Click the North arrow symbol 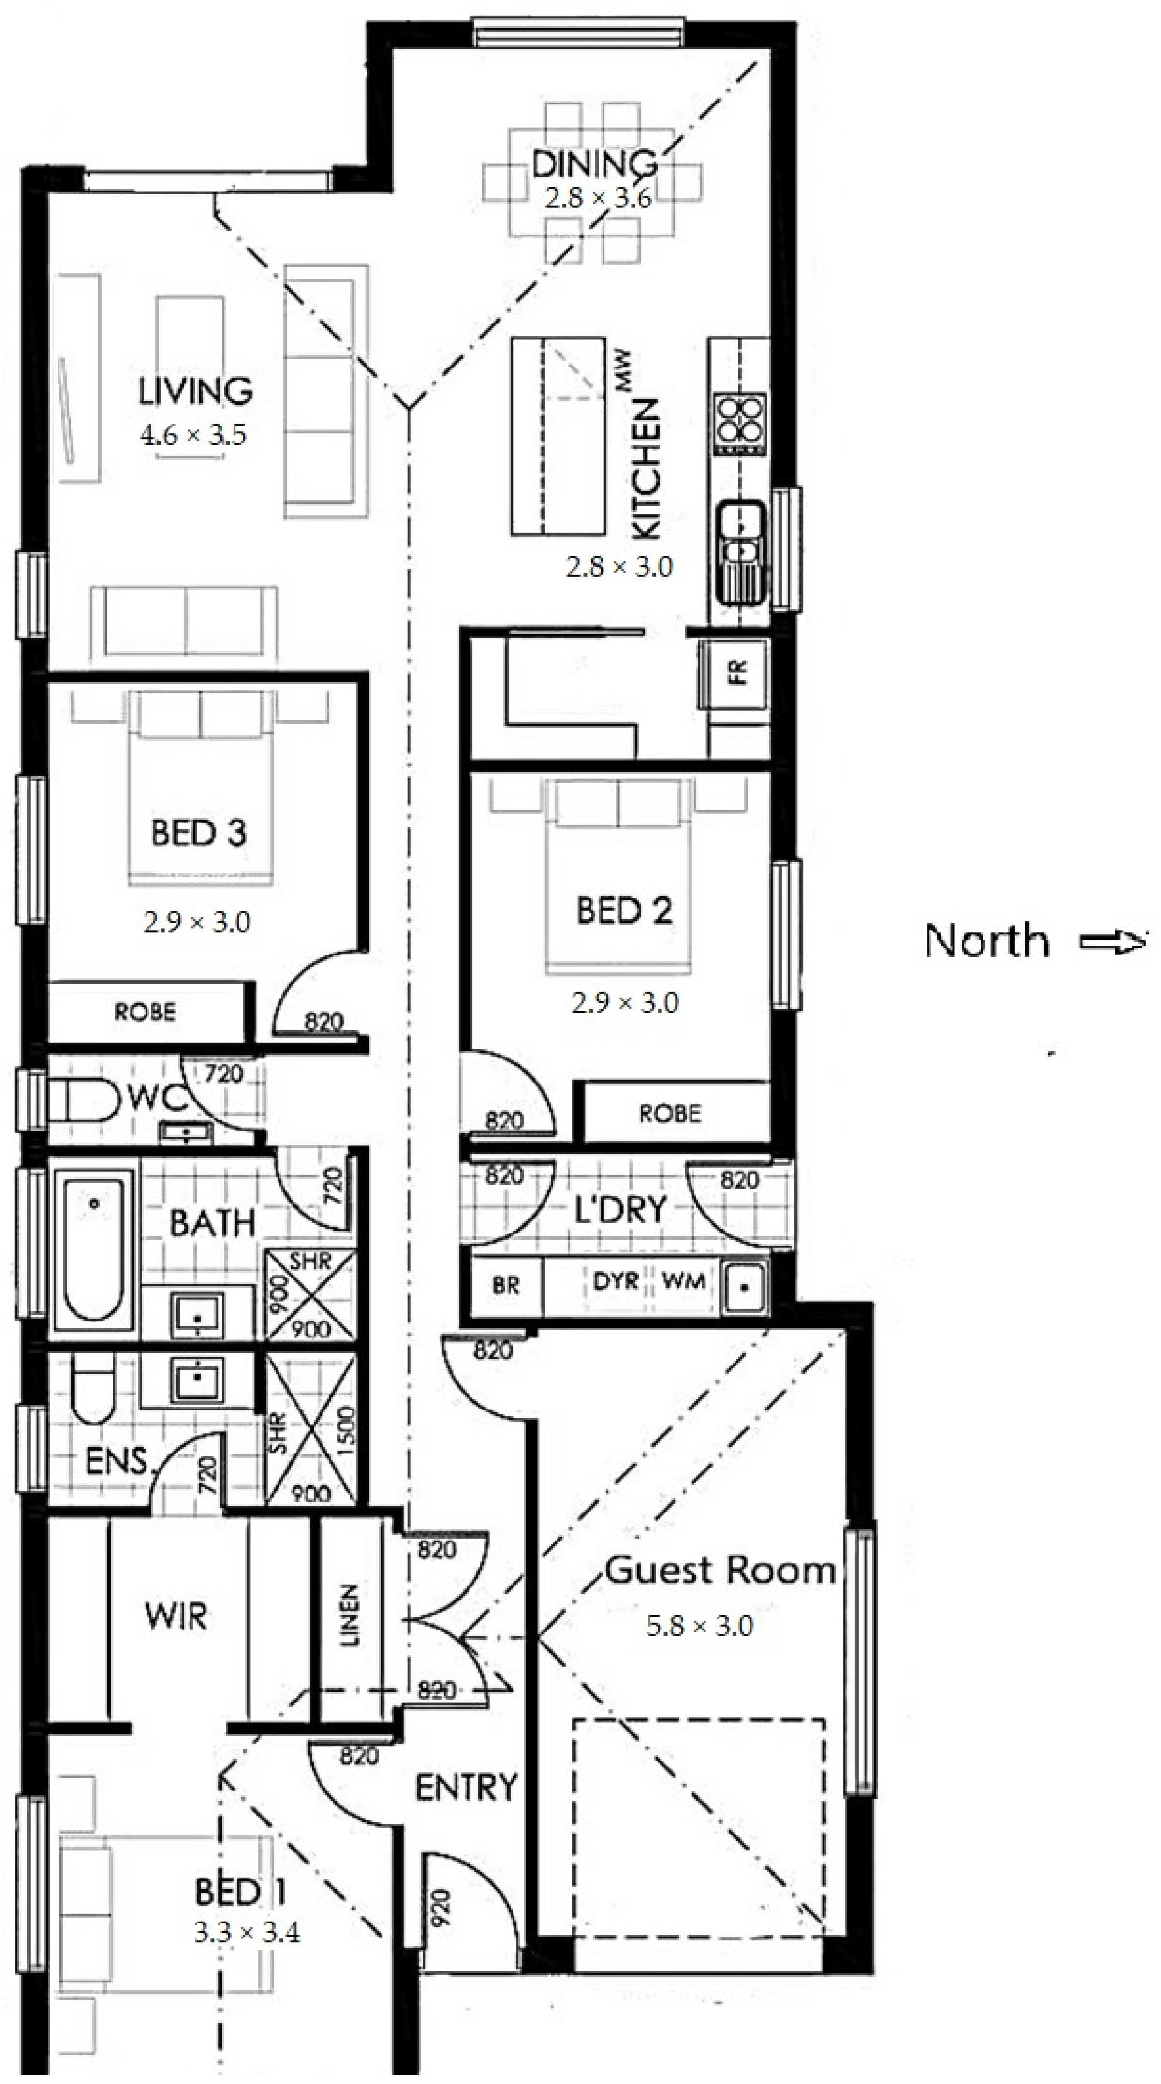coord(1114,941)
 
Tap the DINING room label coord(595,164)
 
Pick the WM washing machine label coord(684,1281)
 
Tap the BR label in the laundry coord(506,1285)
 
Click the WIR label coord(176,1616)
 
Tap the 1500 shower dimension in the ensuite coord(345,1431)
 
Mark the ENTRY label coord(466,1787)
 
